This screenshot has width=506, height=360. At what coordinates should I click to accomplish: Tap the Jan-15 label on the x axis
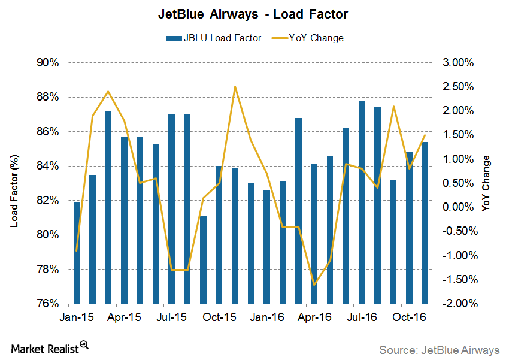pyautogui.click(x=76, y=317)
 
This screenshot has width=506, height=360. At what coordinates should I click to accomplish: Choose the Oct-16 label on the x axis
pyautogui.click(x=409, y=317)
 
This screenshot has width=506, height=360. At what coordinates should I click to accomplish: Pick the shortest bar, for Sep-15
pyautogui.click(x=203, y=259)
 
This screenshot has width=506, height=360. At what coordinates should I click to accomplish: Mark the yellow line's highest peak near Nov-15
pyautogui.click(x=235, y=87)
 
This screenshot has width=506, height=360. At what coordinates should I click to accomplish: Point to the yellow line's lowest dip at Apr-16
pyautogui.click(x=314, y=285)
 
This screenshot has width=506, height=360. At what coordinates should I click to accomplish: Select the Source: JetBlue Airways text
pyautogui.click(x=438, y=349)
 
